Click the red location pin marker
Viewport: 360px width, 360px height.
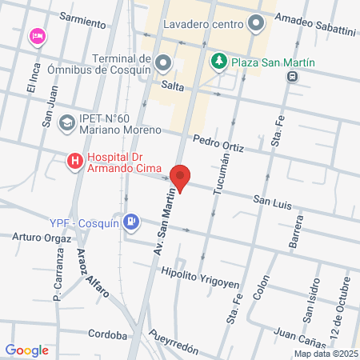[181, 178]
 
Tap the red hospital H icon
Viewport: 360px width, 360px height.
[75, 162]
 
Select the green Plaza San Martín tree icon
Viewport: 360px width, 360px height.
[218, 61]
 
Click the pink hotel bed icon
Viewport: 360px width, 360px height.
[36, 36]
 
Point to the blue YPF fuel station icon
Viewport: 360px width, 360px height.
[132, 222]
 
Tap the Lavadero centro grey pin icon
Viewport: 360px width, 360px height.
[256, 23]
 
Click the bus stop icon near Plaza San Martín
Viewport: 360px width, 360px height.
[294, 76]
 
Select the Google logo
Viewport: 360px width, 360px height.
[26, 350]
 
